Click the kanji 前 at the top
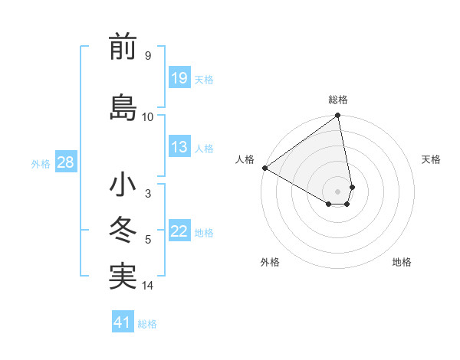(123, 47)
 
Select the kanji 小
(123, 185)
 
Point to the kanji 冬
(123, 231)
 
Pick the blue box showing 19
(179, 77)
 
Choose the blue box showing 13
(179, 147)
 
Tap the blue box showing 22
(179, 231)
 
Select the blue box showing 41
(123, 322)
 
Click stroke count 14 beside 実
(148, 286)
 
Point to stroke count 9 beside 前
(147, 56)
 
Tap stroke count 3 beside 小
(147, 194)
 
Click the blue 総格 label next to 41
(147, 324)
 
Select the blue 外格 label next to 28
(41, 163)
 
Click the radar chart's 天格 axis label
(432, 159)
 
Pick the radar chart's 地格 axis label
(402, 263)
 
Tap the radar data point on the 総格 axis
(337, 116)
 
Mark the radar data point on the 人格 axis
(264, 168)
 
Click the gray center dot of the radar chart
(337, 191)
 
